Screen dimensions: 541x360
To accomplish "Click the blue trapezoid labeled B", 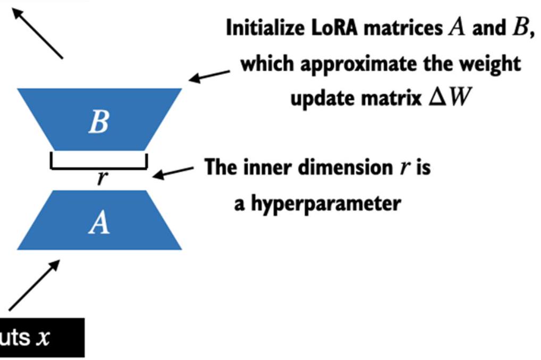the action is [99, 120].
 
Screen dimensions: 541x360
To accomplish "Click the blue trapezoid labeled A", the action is [99, 220].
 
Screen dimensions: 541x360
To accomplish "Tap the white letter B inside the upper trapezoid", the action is [99, 121].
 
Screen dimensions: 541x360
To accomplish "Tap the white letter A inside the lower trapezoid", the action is [99, 223].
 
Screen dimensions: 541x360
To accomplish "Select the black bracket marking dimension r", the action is [99, 168].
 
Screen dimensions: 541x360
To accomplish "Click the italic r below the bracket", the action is [102, 178].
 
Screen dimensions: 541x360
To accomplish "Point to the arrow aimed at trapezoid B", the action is [209, 77].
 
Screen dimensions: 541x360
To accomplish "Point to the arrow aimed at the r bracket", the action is [173, 172].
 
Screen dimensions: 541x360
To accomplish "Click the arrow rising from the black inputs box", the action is [34, 285].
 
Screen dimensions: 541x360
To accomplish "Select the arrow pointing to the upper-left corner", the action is [37, 33].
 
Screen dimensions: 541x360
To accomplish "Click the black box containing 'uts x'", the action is [42, 338].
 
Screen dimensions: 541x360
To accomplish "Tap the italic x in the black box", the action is [43, 338].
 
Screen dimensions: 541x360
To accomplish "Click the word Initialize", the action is [265, 28].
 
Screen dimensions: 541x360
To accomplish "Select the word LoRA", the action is [335, 28].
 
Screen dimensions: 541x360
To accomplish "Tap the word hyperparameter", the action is [326, 204].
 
